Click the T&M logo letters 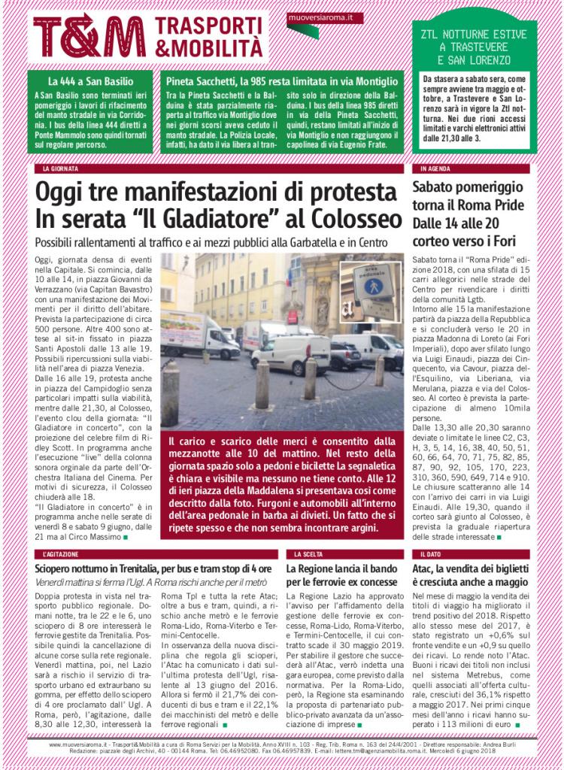89,36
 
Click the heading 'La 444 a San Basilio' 90,80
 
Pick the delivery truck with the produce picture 197,334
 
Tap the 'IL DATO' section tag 432,554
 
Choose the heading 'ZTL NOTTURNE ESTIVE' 475,35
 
